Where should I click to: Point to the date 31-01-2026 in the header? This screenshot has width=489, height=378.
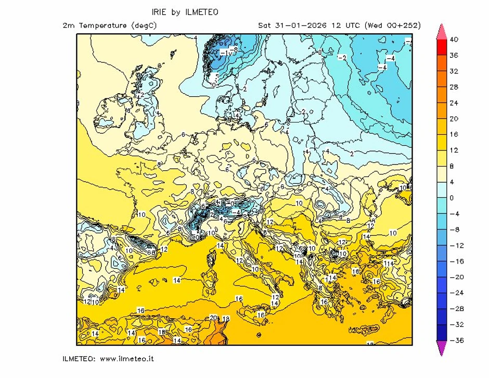click(298, 25)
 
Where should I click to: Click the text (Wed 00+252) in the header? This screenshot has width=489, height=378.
click(392, 25)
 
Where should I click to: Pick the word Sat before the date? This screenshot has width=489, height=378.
click(265, 25)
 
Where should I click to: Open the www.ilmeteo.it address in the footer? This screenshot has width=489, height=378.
click(126, 359)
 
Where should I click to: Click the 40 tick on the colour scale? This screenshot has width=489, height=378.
click(454, 40)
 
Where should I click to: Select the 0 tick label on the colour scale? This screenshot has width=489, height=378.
click(452, 198)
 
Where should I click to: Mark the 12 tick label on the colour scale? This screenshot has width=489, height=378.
click(454, 150)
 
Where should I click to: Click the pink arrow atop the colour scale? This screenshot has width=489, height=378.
click(441, 31)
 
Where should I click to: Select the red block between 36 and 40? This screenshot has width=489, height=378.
click(441, 47)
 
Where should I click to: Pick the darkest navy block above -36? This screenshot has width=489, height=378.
click(441, 332)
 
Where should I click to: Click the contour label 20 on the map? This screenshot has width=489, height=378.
click(213, 318)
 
